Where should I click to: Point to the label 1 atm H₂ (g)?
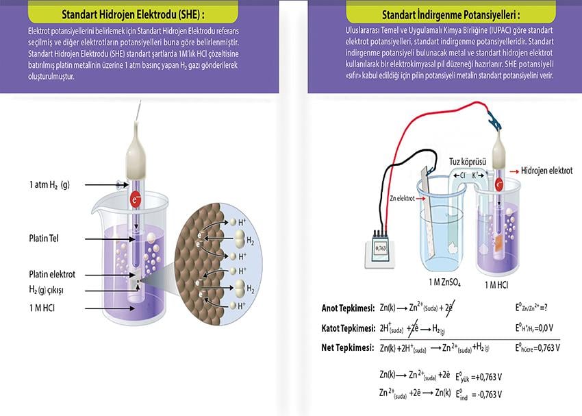click(x=49, y=185)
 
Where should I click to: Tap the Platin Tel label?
click(x=46, y=238)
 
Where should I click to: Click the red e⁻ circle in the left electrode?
click(x=136, y=199)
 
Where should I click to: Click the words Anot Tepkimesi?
click(x=348, y=308)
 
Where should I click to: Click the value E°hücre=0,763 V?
click(x=537, y=347)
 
